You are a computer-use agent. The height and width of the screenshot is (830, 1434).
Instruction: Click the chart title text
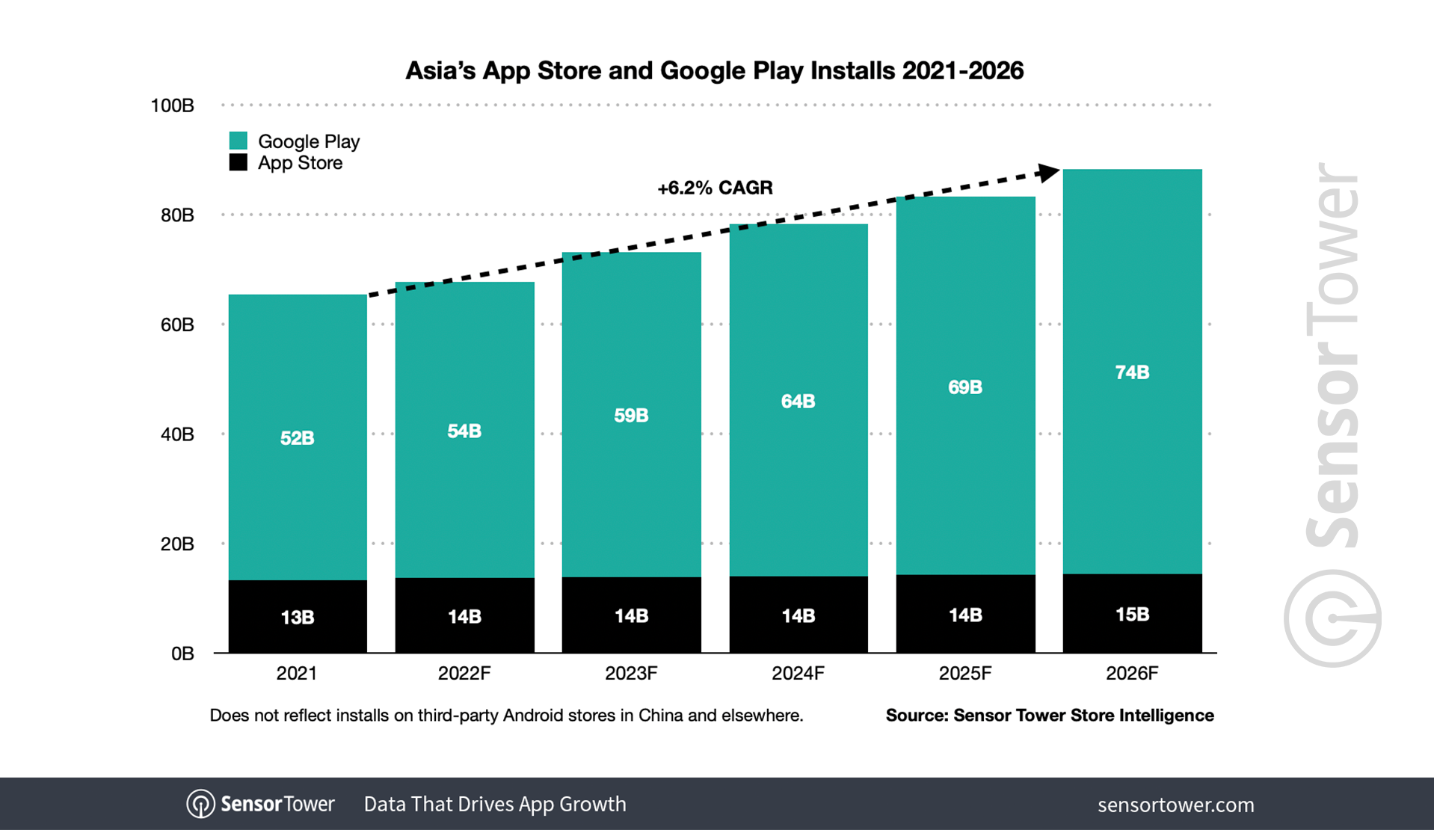[714, 71]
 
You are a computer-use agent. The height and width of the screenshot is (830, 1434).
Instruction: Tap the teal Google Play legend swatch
[238, 141]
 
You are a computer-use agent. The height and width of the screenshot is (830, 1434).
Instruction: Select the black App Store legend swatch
[238, 162]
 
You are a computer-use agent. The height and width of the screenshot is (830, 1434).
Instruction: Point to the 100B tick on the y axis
[172, 105]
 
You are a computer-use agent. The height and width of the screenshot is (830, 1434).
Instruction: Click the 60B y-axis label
[176, 325]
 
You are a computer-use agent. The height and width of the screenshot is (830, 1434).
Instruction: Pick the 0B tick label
[182, 654]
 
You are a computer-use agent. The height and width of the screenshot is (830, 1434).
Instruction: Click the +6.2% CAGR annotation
[715, 188]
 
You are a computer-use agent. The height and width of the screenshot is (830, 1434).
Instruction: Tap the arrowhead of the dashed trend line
[1049, 173]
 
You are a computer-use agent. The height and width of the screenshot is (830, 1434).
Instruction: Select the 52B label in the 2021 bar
[297, 438]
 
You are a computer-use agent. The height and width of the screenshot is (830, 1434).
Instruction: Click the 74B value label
[1132, 372]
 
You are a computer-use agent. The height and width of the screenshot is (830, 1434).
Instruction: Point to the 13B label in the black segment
[297, 618]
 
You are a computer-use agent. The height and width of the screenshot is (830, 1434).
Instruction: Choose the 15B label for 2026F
[1132, 615]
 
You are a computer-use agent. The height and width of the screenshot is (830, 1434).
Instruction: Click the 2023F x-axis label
[631, 674]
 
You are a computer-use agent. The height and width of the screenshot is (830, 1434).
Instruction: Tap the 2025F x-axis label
[964, 674]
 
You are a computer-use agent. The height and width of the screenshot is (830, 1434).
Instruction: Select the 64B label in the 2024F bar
[798, 402]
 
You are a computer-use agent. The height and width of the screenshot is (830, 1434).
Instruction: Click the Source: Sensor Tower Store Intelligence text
[1049, 716]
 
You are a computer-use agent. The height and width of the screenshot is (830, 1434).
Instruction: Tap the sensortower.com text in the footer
[1175, 805]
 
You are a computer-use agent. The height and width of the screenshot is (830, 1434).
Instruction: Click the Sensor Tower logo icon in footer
[200, 805]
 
